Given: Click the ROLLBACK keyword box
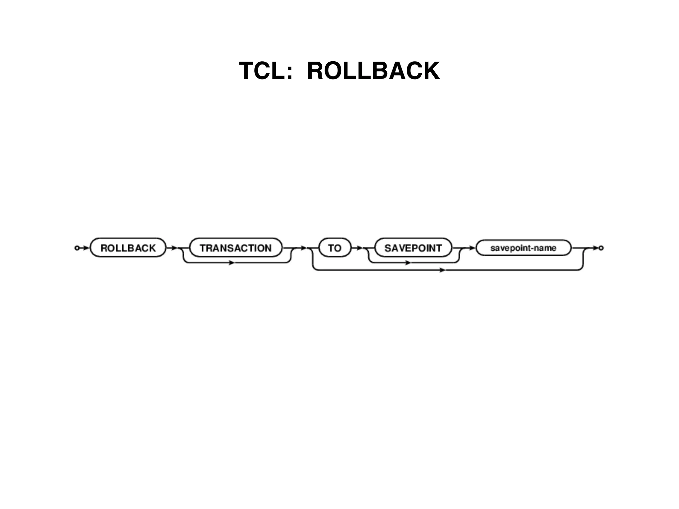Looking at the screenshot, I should pyautogui.click(x=128, y=248).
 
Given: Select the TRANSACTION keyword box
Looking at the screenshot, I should pyautogui.click(x=236, y=248).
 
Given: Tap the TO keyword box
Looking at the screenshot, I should pyautogui.click(x=335, y=248).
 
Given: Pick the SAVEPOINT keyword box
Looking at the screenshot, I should pyautogui.click(x=413, y=248).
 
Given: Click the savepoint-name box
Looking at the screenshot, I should pyautogui.click(x=523, y=248).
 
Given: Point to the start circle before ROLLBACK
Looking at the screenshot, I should pyautogui.click(x=77, y=248).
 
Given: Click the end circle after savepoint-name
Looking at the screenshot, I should pyautogui.click(x=601, y=248).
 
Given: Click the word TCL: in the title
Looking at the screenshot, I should pyautogui.click(x=266, y=71).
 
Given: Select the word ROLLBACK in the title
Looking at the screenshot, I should pyautogui.click(x=373, y=71).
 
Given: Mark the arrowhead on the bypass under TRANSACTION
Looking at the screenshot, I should pyautogui.click(x=232, y=263).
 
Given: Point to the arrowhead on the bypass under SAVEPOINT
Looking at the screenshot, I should pyautogui.click(x=408, y=263).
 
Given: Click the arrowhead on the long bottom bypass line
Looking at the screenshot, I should pyautogui.click(x=443, y=270).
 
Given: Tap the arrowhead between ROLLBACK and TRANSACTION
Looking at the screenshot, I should pyautogui.click(x=174, y=248).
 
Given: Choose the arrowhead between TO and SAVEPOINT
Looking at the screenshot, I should pyautogui.click(x=360, y=248).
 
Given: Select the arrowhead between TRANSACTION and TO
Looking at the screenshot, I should pyautogui.click(x=303, y=248).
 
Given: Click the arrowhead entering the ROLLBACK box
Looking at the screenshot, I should pyautogui.click(x=86, y=248).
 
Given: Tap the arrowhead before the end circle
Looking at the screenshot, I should pyautogui.click(x=596, y=248).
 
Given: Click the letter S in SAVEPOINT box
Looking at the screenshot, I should pyautogui.click(x=388, y=248).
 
